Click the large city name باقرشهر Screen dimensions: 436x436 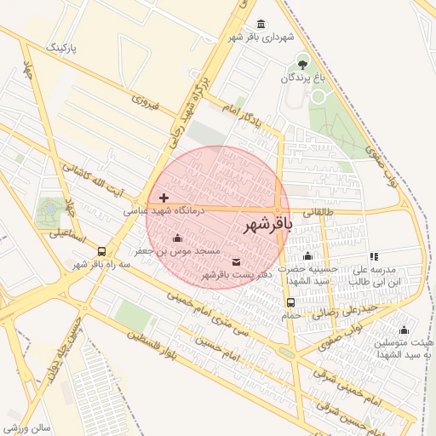(268, 226)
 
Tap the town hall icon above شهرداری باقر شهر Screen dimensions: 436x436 (260, 23)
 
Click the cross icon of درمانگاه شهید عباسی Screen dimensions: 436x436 (163, 198)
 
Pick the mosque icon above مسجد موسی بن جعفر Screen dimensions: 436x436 (177, 238)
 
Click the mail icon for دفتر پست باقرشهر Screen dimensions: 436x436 (236, 261)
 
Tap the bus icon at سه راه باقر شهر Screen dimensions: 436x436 (102, 251)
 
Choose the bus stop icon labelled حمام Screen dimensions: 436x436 (291, 302)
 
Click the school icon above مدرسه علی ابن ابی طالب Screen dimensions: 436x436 (373, 256)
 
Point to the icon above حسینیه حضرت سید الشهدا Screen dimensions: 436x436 (307, 256)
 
